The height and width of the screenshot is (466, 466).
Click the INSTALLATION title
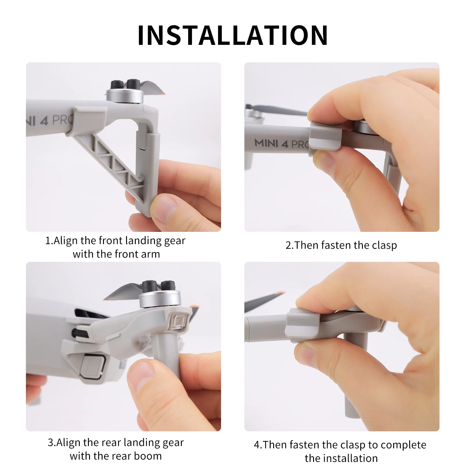click(x=233, y=36)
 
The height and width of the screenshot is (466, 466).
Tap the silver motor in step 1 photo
click(x=125, y=96)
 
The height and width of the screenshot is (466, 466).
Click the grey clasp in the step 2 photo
click(x=325, y=136)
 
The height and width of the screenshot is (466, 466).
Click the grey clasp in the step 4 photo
click(x=303, y=325)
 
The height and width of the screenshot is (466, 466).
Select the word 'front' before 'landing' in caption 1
click(x=110, y=241)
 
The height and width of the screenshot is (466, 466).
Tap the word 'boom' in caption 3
click(x=148, y=456)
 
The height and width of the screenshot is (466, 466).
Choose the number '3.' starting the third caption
click(x=52, y=442)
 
